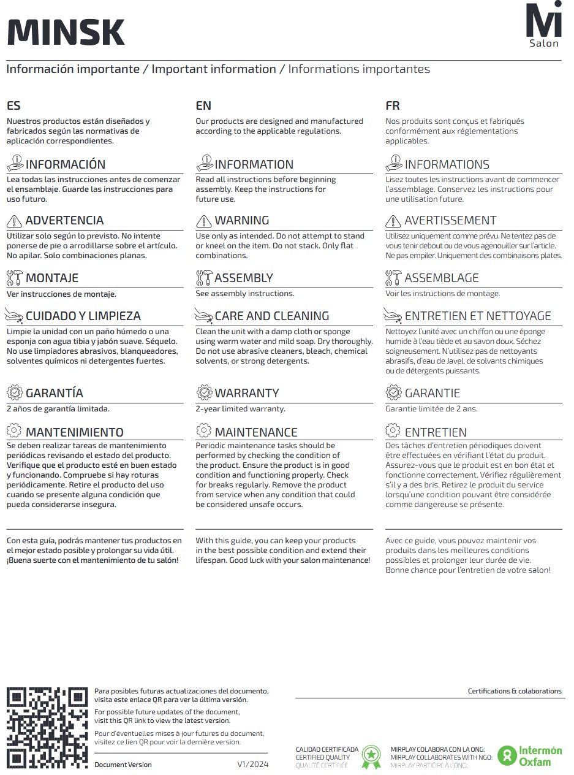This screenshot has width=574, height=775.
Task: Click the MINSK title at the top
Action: (66, 32)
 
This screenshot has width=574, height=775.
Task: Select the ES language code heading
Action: (13, 106)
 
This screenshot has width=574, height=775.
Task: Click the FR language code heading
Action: (393, 106)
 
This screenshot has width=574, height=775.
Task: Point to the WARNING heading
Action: (241, 221)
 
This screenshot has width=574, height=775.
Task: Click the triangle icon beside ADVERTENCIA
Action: (14, 221)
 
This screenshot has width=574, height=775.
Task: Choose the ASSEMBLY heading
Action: (243, 278)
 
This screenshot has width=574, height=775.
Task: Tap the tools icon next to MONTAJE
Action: (14, 278)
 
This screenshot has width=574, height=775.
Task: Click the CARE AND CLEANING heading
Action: (271, 316)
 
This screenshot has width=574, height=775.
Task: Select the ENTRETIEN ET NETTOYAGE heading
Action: (478, 316)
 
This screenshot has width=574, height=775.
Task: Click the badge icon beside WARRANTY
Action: (203, 393)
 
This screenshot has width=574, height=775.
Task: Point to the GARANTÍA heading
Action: (54, 393)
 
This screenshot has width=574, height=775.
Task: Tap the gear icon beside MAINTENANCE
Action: (203, 432)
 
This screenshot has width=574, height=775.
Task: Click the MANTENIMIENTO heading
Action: (74, 432)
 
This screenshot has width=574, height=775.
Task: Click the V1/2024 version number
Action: (253, 765)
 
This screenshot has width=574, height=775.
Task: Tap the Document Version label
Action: (123, 765)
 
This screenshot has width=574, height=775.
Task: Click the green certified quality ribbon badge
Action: (371, 757)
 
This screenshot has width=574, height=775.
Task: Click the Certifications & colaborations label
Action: (515, 691)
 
